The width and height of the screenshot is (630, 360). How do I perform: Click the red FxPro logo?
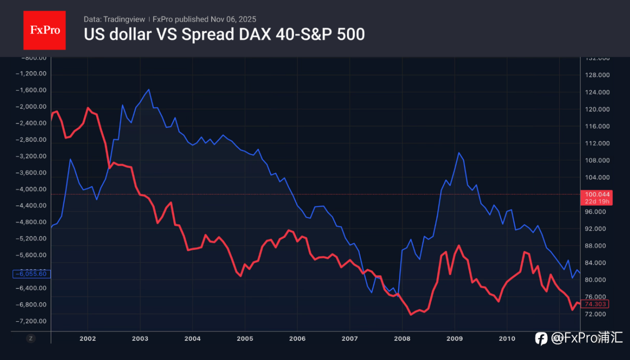[44, 30]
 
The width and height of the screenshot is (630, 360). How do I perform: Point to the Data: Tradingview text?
[114, 19]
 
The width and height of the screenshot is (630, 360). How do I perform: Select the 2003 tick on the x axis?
[140, 338]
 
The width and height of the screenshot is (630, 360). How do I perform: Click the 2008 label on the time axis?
[402, 338]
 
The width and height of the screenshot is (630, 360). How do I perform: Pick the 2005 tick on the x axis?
[245, 338]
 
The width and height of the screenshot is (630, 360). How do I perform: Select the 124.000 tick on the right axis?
[597, 92]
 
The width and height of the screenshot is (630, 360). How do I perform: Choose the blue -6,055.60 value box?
[31, 273]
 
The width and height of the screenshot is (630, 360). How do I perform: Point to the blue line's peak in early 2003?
[149, 90]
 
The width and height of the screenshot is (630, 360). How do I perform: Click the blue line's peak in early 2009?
[459, 152]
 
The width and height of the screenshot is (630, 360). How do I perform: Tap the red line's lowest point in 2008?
[410, 315]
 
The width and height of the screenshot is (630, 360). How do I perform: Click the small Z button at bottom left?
[31, 338]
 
